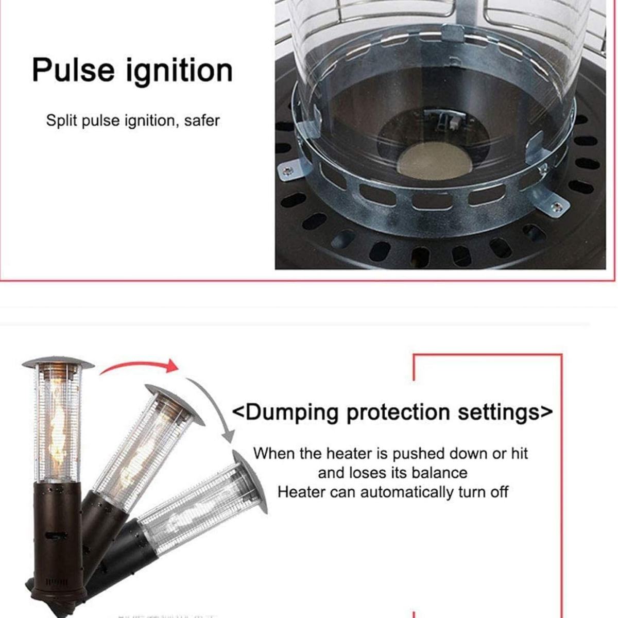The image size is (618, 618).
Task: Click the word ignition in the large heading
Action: tap(180, 71)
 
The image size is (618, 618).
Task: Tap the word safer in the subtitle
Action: tap(202, 121)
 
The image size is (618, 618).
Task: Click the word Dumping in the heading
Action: tap(292, 413)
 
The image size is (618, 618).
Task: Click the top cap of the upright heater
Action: tap(58, 363)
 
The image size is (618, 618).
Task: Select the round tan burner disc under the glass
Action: tap(435, 161)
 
